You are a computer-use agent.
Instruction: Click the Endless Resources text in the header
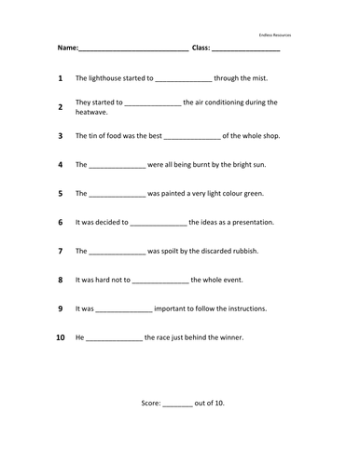point(275,34)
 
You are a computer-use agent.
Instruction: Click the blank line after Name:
point(132,48)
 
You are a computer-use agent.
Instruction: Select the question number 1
point(60,79)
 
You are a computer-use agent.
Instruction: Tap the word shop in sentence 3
point(269,135)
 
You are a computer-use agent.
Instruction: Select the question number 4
point(60,165)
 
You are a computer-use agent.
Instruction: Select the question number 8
point(60,280)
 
